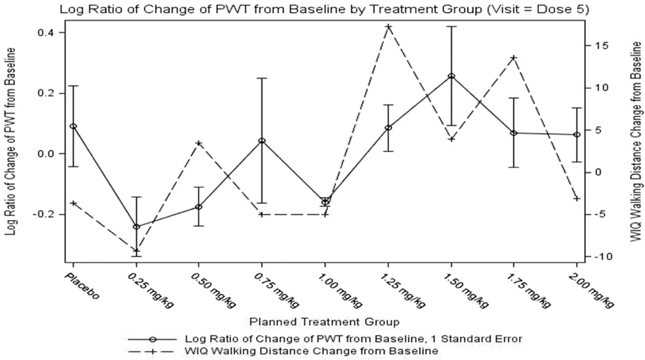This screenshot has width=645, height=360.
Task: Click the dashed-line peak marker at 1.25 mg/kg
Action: pos(388,26)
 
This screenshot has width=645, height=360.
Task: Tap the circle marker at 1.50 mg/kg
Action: pos(451,76)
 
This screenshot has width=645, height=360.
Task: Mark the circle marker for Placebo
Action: pos(74,126)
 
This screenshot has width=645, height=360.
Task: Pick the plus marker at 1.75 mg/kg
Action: pos(514,57)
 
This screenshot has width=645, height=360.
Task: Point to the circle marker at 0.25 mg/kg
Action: pos(136,227)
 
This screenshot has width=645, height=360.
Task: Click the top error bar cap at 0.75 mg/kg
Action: pos(262,78)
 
